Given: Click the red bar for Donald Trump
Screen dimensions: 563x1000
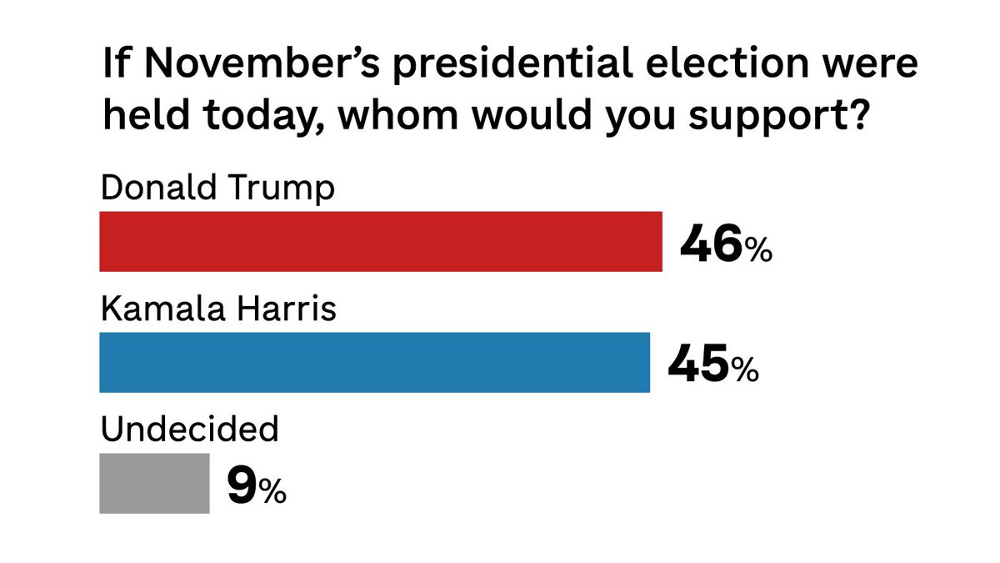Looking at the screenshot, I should (381, 242).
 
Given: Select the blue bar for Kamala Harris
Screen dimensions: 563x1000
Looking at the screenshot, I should (374, 362).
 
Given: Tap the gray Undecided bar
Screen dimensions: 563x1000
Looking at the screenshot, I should (154, 483).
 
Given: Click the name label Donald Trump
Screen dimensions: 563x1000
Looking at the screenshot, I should (217, 189).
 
